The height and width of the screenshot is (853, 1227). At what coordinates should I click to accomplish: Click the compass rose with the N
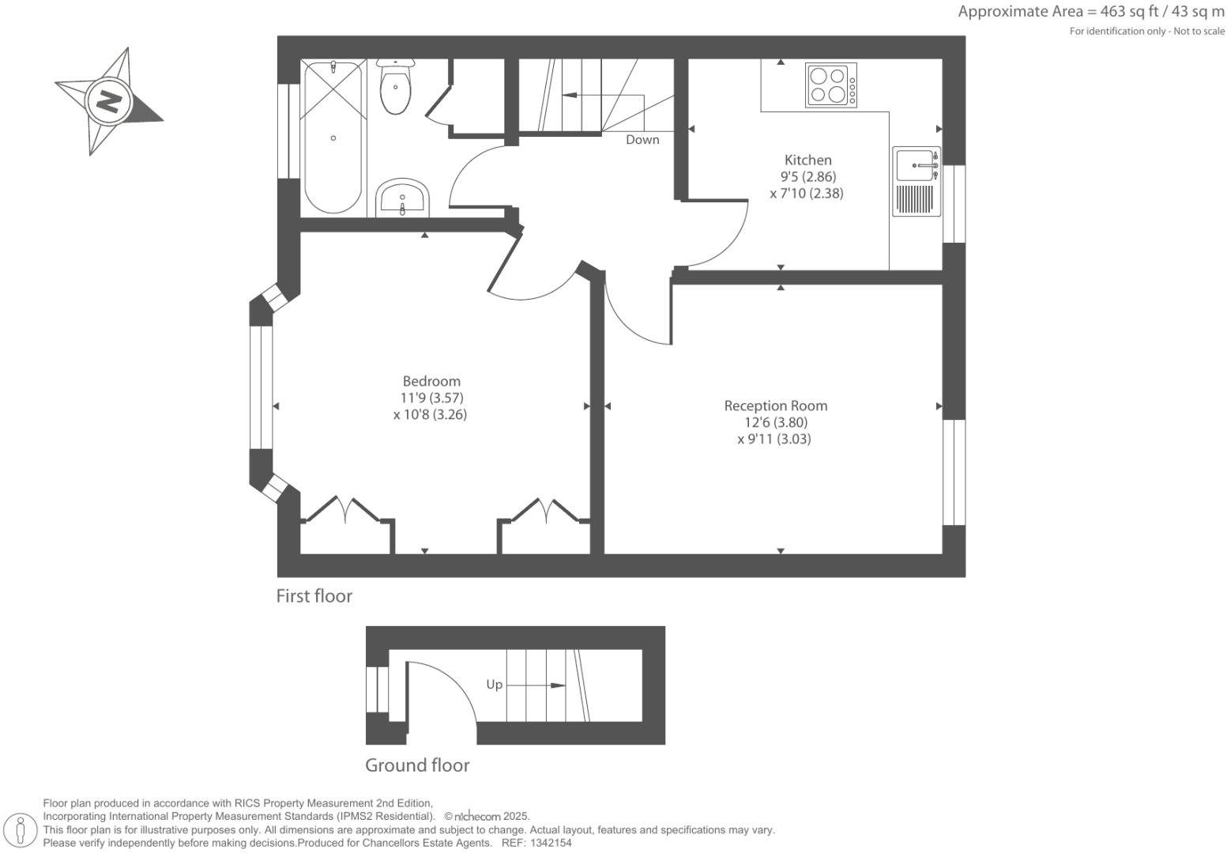tap(108, 102)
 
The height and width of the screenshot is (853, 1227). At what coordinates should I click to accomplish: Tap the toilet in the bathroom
tap(395, 87)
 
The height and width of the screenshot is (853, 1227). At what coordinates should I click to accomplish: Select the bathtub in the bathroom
tap(333, 138)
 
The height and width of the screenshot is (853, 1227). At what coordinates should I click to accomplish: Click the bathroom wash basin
tap(402, 198)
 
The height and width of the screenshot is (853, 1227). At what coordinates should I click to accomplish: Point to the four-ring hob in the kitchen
tap(831, 85)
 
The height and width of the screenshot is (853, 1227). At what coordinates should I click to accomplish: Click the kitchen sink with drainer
tap(916, 181)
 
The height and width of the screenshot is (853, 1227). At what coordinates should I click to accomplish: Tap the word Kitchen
tap(807, 160)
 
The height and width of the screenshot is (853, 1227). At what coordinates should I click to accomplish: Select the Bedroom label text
tap(431, 381)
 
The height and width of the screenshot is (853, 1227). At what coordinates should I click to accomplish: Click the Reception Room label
tap(775, 406)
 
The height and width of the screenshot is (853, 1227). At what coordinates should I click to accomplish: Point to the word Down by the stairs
tap(642, 140)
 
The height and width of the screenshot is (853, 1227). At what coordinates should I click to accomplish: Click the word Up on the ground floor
tap(494, 685)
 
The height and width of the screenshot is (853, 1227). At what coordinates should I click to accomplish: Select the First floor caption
tap(314, 596)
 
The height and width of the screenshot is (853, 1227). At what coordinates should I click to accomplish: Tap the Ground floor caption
tap(417, 765)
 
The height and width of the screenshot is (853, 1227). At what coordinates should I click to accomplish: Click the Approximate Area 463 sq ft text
tap(1090, 12)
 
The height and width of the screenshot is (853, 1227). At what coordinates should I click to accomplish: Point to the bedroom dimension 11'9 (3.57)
tap(431, 398)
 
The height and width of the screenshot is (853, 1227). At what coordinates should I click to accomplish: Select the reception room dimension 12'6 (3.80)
tap(775, 422)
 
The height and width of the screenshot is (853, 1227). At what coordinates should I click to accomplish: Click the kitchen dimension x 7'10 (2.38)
tap(807, 193)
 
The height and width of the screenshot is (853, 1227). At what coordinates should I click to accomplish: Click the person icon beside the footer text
tap(21, 830)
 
